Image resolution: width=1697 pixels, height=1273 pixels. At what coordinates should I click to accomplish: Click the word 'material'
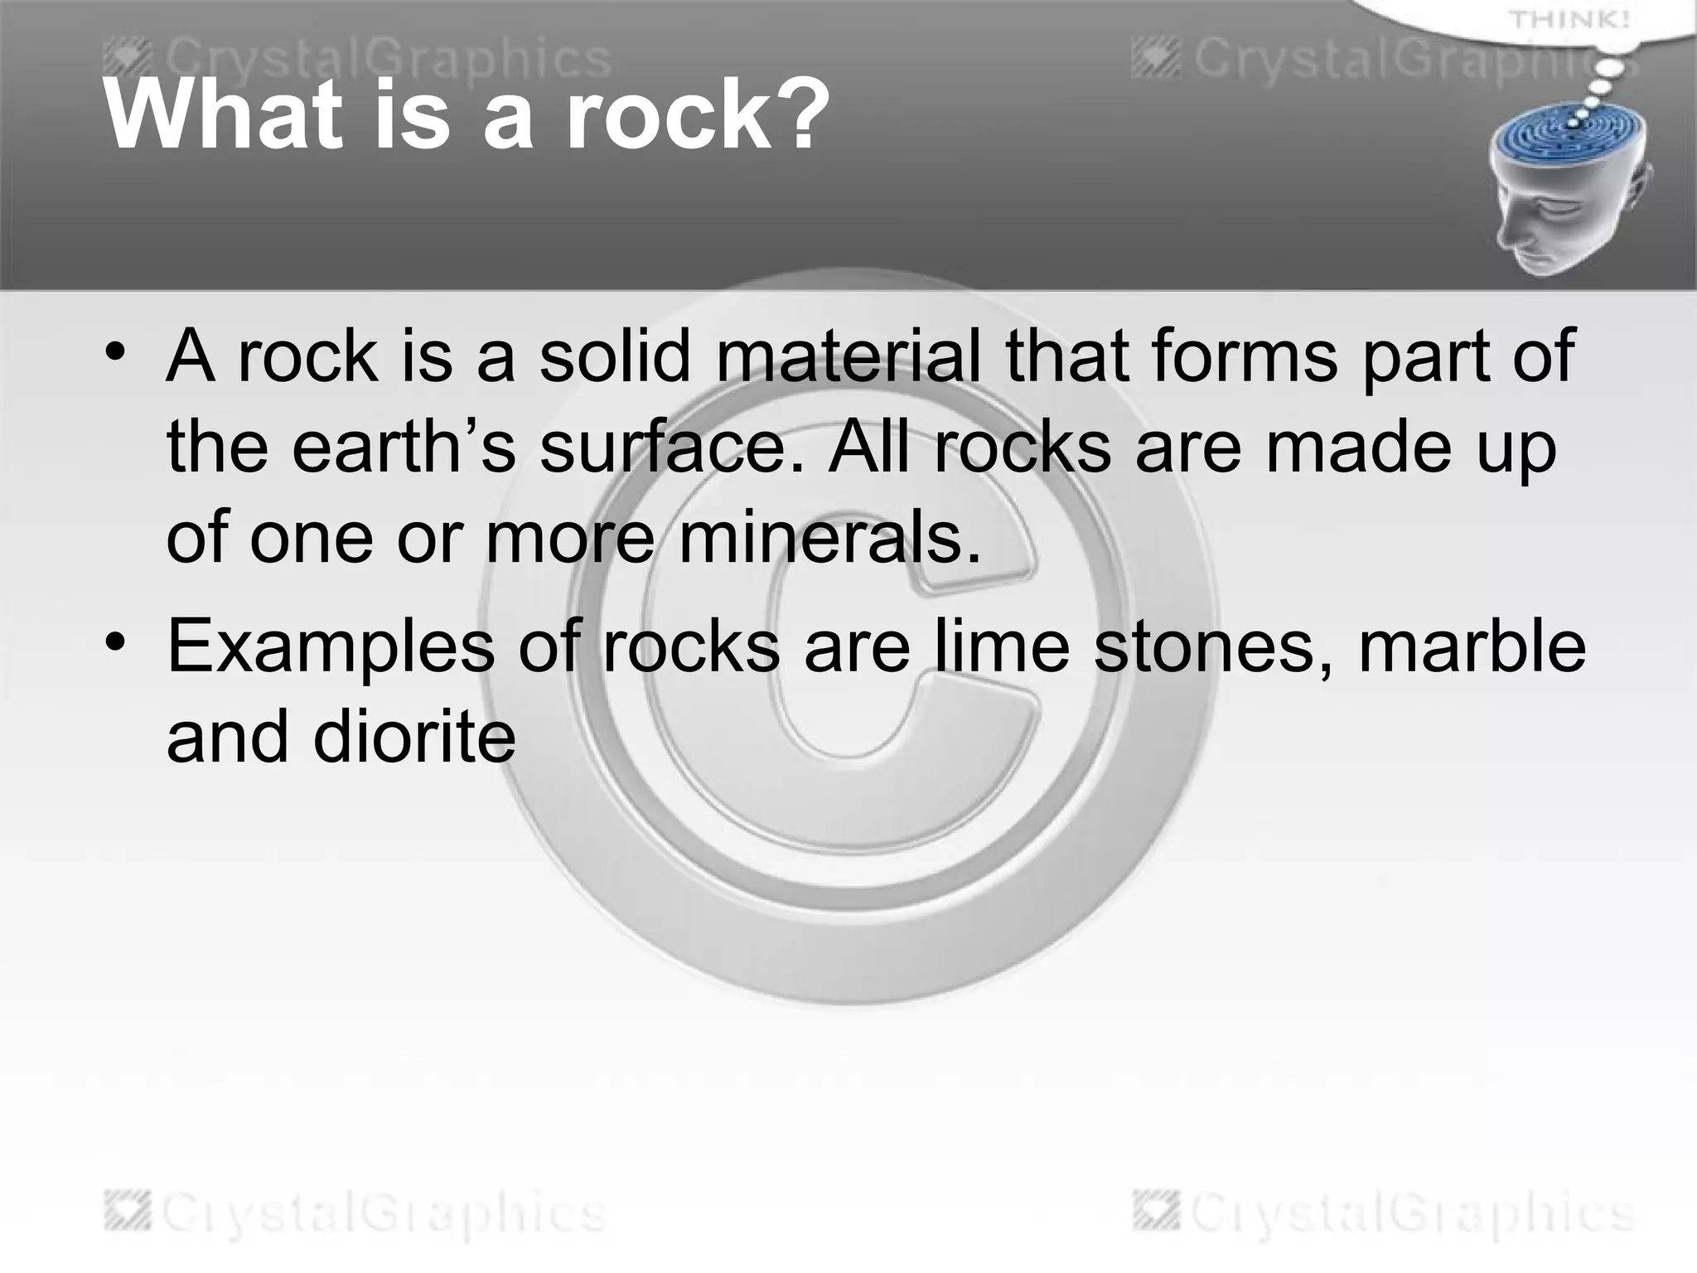848,356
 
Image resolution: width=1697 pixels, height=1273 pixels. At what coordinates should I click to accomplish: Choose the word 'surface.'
672,448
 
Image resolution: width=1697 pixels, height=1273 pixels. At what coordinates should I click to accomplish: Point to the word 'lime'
1002,646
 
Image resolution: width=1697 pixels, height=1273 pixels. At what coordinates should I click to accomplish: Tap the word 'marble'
1472,646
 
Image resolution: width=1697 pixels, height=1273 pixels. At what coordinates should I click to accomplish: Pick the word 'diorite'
414,737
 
